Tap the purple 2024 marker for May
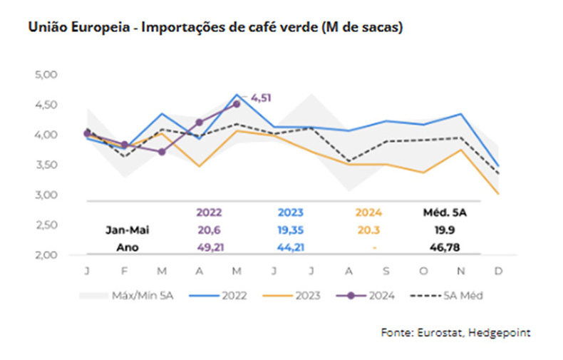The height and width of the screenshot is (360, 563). click(237, 104)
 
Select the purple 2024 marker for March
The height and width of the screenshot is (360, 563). click(162, 151)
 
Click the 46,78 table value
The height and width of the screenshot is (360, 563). click(446, 247)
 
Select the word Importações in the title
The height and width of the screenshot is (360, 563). click(180, 28)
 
